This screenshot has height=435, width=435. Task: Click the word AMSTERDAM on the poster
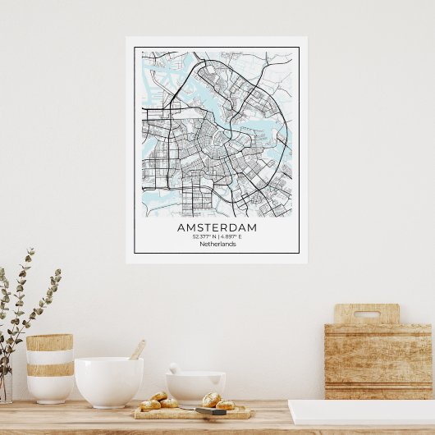point(217,227)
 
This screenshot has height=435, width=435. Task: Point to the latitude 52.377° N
point(205,236)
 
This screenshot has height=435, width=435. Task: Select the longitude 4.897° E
point(231,236)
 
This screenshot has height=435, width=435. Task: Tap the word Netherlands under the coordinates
point(217,244)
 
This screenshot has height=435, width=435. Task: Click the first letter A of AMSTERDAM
point(181,227)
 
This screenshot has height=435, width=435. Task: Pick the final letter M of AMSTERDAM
point(252,227)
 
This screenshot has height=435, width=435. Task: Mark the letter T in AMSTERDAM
point(208,227)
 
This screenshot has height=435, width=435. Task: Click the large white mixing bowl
point(108,382)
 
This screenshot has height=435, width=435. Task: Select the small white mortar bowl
point(195,387)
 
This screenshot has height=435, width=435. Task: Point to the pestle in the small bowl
point(174,369)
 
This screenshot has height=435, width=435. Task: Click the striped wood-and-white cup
point(49,368)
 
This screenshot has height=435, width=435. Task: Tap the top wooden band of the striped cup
point(49,342)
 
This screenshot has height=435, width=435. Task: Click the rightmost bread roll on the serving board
point(225,405)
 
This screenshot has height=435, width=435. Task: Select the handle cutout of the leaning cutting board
point(366,314)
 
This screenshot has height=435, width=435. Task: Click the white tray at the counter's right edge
point(361,412)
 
